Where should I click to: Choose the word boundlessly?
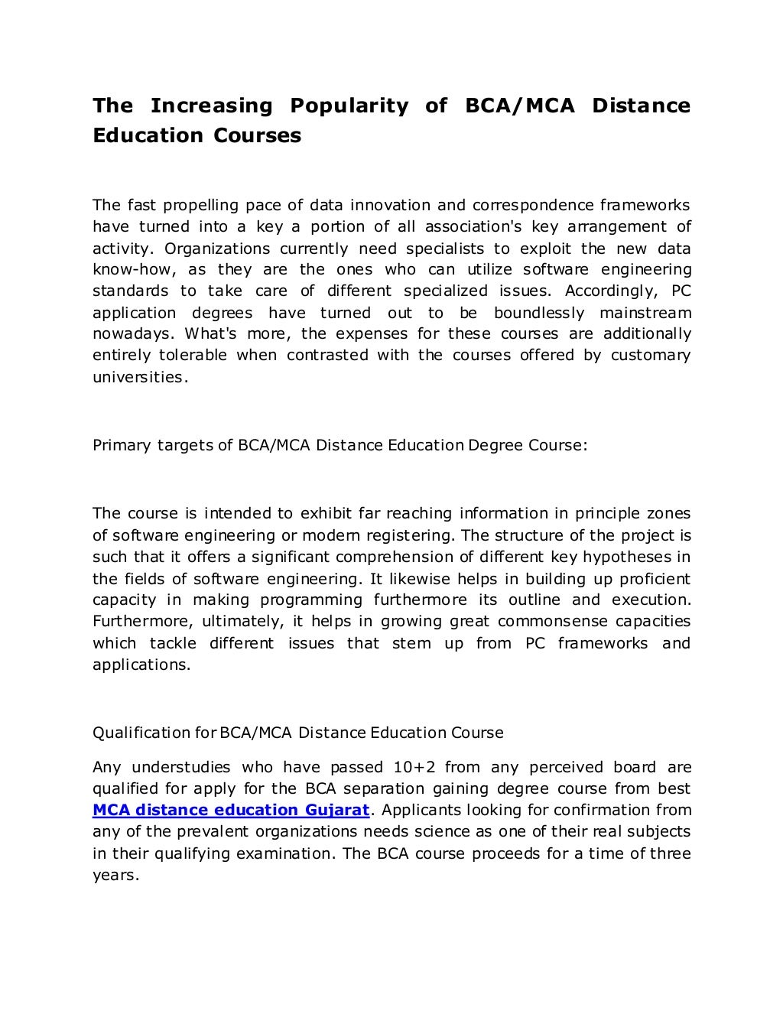(539, 313)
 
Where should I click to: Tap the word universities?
(138, 377)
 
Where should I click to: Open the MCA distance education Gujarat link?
(231, 810)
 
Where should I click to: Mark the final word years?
(115, 875)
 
